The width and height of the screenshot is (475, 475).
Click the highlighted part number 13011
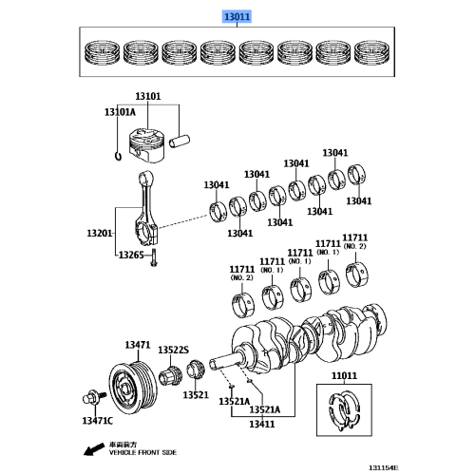237,16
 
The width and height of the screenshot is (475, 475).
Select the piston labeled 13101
147,145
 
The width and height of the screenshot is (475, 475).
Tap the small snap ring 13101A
118,156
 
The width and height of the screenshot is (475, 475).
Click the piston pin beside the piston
180,142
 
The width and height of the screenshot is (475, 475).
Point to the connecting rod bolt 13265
154,257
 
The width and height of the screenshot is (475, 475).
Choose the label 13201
100,234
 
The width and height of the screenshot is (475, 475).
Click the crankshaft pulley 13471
133,389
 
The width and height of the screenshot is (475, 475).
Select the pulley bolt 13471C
94,397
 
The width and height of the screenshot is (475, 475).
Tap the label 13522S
173,350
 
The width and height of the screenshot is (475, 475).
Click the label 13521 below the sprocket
196,395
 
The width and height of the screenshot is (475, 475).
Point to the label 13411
262,424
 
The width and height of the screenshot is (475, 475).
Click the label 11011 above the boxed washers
344,375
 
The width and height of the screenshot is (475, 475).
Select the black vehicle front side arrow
94,449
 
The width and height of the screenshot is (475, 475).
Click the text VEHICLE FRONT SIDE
142,452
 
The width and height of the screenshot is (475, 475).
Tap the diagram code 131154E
383,467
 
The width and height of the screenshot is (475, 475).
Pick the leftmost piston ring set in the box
103,52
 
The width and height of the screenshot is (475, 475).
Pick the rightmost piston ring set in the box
372,52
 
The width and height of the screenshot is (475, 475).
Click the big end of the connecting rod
146,234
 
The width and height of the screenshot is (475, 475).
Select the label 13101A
120,112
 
